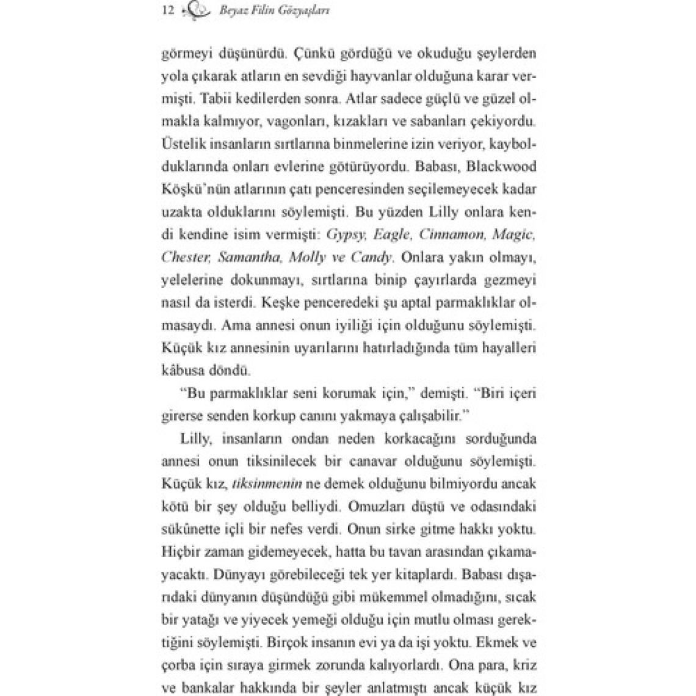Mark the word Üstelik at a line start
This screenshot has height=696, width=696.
(181, 143)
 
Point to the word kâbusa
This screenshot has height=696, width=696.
(183, 370)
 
